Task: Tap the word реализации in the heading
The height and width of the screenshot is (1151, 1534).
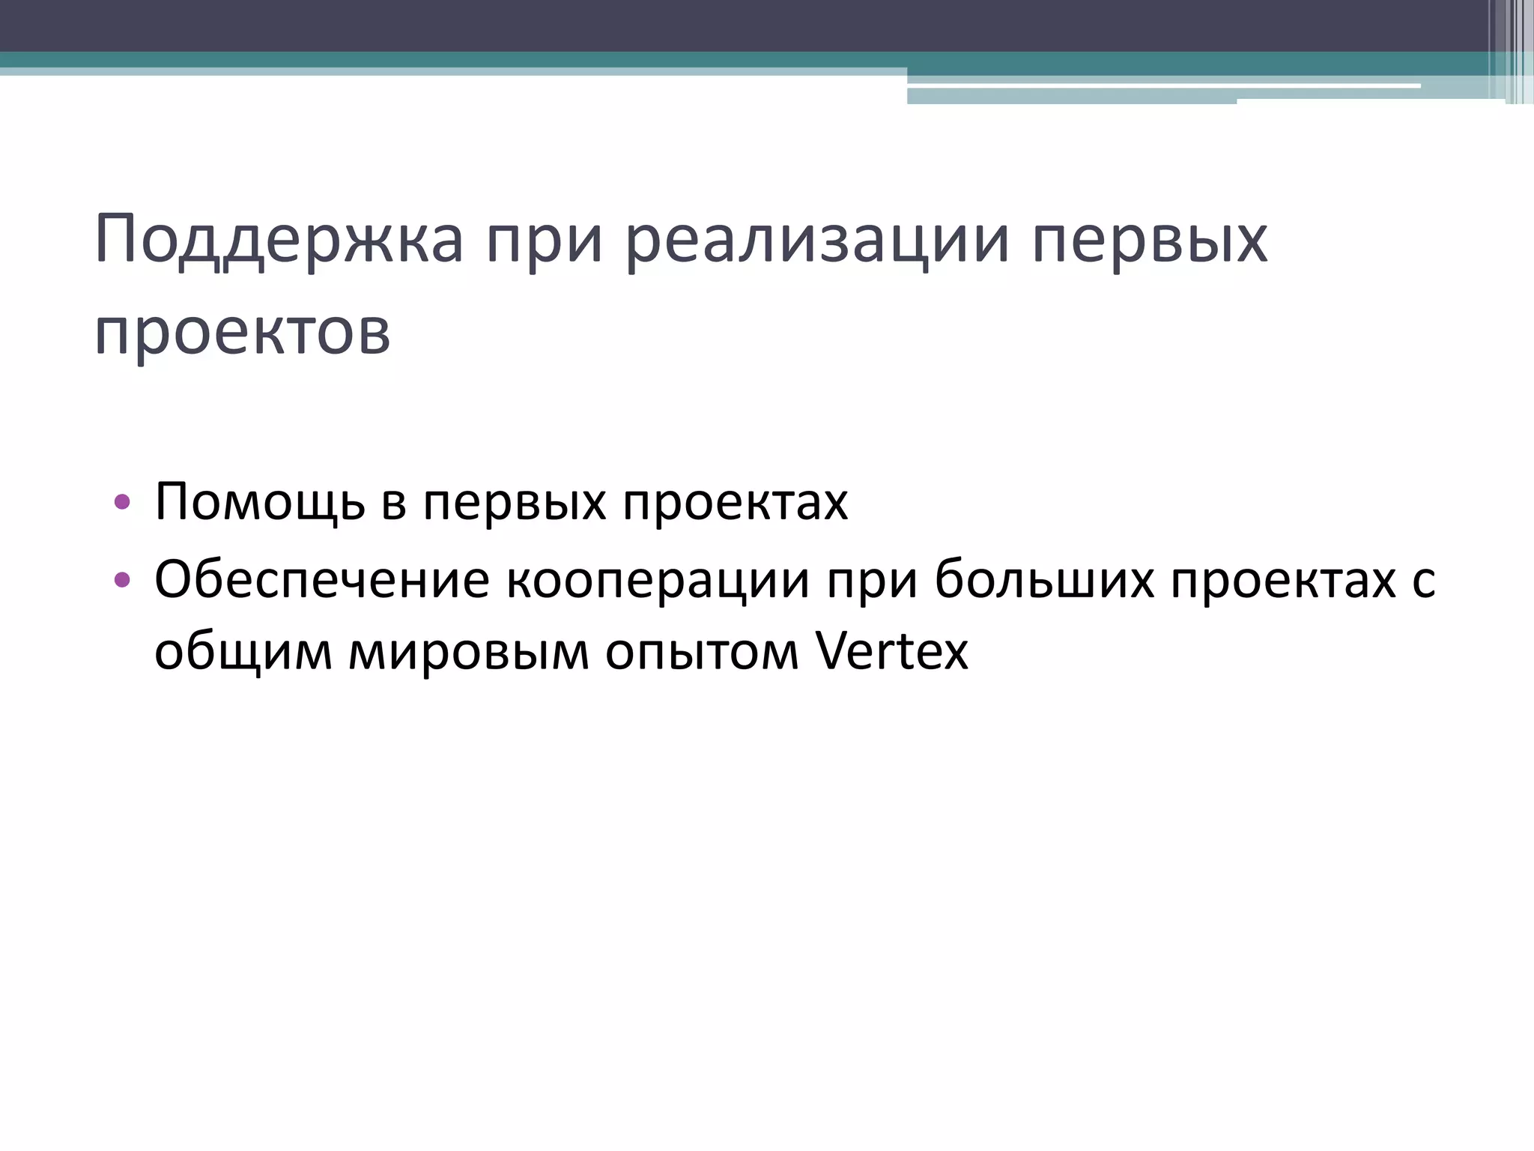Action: (x=817, y=241)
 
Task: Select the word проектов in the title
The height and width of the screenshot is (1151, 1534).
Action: (x=243, y=332)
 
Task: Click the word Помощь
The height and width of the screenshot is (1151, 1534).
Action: (x=260, y=502)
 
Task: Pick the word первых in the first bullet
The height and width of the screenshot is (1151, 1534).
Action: (x=515, y=502)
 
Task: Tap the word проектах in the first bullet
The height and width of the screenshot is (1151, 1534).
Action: (x=736, y=502)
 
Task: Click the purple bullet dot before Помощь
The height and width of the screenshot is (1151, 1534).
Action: (x=122, y=502)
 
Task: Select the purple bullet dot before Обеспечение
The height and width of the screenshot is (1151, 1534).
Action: (x=122, y=579)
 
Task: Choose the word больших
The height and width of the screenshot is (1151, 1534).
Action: (x=1044, y=579)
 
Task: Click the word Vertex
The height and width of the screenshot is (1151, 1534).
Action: (x=891, y=650)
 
